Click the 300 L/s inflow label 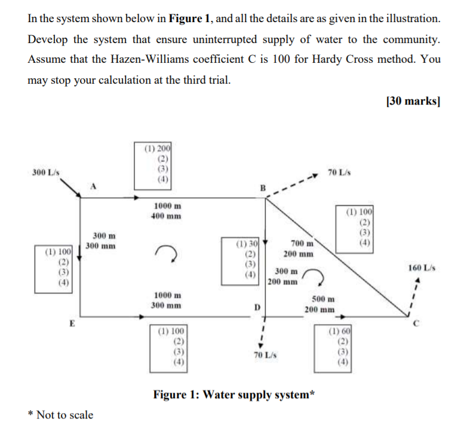pos(45,172)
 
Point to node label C pos(418,325)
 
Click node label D pos(257,307)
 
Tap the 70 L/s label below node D pos(263,355)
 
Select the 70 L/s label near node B pos(339,173)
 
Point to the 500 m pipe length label pos(323,299)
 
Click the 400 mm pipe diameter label pos(168,215)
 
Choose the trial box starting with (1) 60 pos(340,346)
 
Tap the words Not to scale pos(64,414)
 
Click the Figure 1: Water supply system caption pos(235,395)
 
